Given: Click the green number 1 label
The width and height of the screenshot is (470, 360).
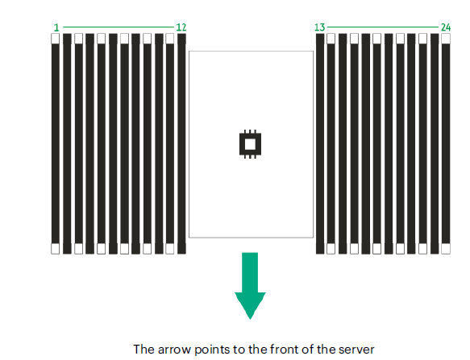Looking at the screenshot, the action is (56, 28).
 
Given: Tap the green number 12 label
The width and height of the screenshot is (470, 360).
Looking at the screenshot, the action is (181, 27).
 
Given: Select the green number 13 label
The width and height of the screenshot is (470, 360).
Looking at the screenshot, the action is (319, 27).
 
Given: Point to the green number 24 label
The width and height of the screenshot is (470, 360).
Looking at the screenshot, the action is (446, 27).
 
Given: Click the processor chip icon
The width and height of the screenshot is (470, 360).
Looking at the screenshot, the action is (250, 144).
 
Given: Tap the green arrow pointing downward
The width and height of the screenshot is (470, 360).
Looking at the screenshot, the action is (250, 286).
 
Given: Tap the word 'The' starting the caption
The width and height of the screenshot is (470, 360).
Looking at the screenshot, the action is (143, 350).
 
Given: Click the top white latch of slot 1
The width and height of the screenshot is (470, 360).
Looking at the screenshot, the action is (55, 39).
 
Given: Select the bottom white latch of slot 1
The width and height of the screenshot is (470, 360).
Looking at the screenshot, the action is (55, 249).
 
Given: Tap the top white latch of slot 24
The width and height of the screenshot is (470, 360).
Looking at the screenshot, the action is (446, 39).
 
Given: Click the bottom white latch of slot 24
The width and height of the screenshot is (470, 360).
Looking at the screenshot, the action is (446, 249).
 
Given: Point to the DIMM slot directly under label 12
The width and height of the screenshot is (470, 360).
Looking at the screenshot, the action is (181, 144).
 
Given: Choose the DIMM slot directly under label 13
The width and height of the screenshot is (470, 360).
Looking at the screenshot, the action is (320, 144).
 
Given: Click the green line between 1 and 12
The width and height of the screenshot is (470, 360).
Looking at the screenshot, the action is (118, 27).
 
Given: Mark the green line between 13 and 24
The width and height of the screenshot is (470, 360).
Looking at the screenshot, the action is (383, 27).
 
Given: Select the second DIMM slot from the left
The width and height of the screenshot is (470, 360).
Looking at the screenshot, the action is (67, 144).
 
